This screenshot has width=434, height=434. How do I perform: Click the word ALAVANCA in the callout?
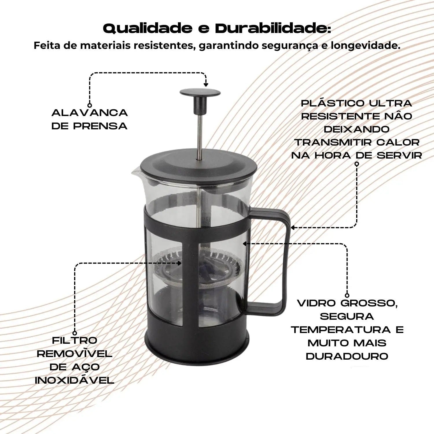tap(90, 113)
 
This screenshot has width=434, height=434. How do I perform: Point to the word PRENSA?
tap(100, 126)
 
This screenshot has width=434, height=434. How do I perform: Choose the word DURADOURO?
tap(347, 356)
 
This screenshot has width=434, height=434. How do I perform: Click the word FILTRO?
tap(75, 341)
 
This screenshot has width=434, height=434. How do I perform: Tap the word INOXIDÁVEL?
tap(75, 380)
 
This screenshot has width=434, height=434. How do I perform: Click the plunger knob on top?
tap(200, 93)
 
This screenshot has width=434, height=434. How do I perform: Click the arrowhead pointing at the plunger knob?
tap(206, 84)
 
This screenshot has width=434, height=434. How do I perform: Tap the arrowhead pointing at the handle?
tap(293, 228)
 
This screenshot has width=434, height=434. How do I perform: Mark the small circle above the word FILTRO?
tap(75, 333)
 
